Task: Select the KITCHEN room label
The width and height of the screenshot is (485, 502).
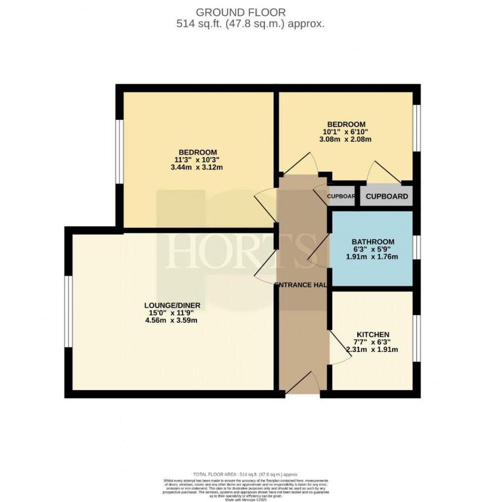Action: (373, 335)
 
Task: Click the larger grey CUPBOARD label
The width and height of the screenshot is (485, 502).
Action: (387, 196)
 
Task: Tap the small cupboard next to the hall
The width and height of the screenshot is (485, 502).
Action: (341, 196)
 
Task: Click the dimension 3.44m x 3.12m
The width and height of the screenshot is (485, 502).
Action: (197, 167)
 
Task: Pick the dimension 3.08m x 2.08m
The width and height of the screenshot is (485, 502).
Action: (346, 139)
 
